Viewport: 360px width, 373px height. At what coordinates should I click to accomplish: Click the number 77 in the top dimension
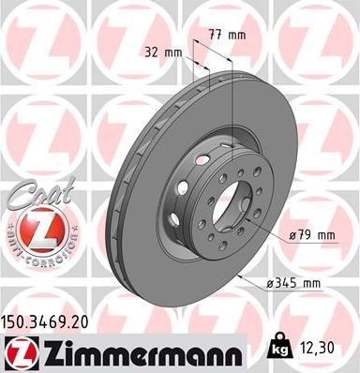(215, 34)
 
